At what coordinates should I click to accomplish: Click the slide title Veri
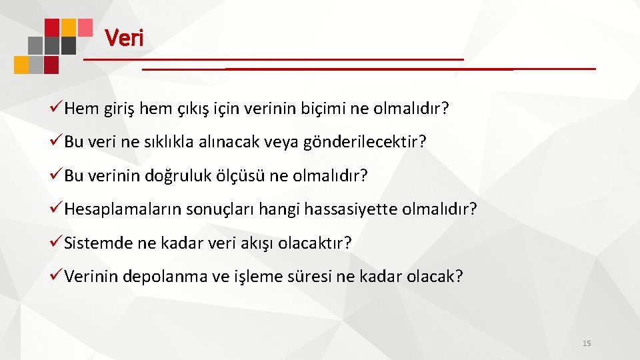click(124, 38)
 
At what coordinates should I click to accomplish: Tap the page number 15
click(587, 343)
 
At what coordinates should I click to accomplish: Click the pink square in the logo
click(85, 27)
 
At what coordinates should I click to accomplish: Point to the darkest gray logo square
click(68, 45)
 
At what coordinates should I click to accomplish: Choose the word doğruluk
click(181, 175)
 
